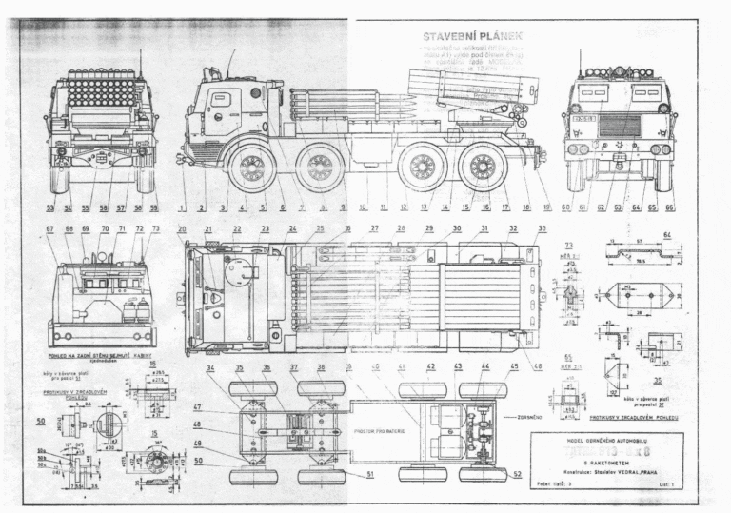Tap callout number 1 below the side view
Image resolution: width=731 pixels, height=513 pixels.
182,207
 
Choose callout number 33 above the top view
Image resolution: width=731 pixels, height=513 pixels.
542,229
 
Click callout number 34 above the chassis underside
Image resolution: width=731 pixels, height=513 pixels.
210,367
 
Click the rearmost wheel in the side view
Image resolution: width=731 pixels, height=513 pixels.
483,168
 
